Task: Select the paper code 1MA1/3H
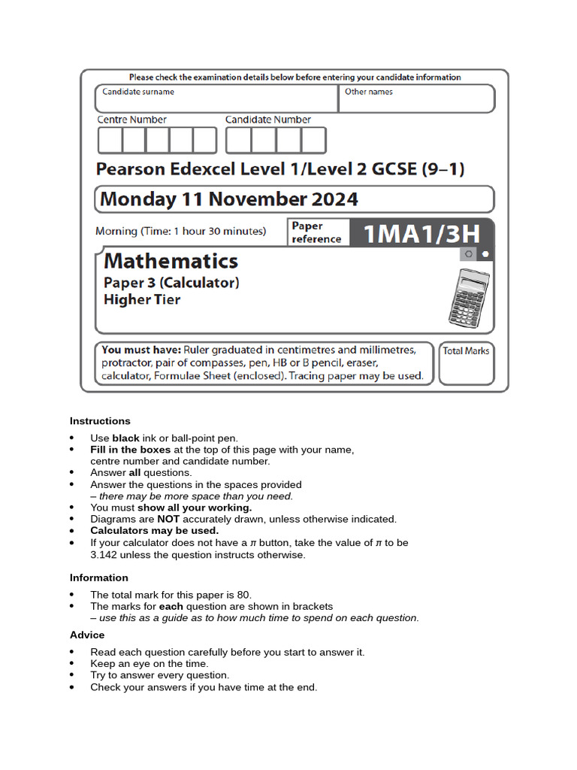click(421, 233)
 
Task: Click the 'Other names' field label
click(368, 92)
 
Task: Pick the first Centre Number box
click(110, 141)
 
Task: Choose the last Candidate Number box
click(313, 141)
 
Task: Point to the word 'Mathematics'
click(171, 261)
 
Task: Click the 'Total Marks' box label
click(466, 351)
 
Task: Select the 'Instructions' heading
click(100, 421)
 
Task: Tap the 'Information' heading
click(99, 577)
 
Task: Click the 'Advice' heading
click(87, 635)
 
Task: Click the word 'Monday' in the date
click(136, 199)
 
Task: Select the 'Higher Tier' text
click(142, 300)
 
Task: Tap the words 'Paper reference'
click(316, 232)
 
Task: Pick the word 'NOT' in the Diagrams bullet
click(169, 520)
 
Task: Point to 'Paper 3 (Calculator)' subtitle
click(171, 283)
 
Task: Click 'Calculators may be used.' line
click(155, 531)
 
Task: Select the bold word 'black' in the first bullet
click(126, 438)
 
